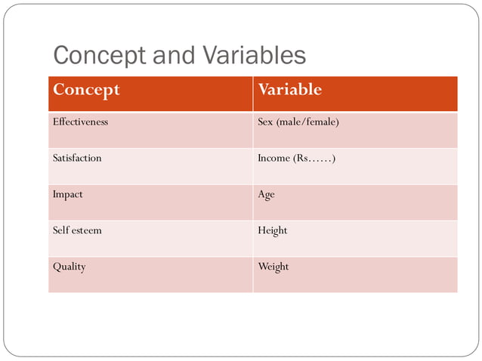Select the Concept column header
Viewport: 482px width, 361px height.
(x=86, y=90)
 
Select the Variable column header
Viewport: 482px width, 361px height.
(x=289, y=90)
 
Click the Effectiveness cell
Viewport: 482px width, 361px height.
(x=80, y=122)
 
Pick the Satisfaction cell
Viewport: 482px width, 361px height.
(x=77, y=158)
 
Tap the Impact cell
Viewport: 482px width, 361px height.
(x=68, y=194)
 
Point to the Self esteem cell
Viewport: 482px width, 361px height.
(x=77, y=230)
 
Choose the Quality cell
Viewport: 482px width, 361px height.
(x=69, y=267)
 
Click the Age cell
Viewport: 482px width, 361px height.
(x=266, y=194)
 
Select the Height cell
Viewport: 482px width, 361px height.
(x=273, y=230)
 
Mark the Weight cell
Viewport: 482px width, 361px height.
(x=273, y=267)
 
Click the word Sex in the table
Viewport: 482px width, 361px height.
(x=265, y=122)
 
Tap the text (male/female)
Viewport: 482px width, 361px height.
(x=307, y=122)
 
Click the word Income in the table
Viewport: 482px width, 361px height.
(x=274, y=158)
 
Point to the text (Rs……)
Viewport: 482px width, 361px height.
(x=316, y=158)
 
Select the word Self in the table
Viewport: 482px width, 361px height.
(x=60, y=230)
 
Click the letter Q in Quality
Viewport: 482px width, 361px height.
(x=56, y=267)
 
